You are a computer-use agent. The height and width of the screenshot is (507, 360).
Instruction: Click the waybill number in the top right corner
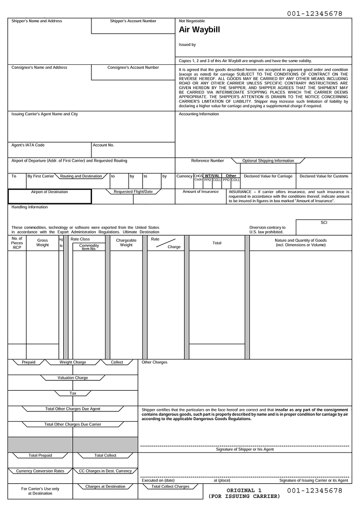[x=314, y=12]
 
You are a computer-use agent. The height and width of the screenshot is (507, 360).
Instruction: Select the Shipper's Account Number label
[x=133, y=21]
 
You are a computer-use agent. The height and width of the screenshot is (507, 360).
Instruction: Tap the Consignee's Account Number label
[x=133, y=68]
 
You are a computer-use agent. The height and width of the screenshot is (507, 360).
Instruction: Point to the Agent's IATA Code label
[x=28, y=145]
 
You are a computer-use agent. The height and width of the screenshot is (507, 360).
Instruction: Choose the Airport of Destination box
[x=50, y=196]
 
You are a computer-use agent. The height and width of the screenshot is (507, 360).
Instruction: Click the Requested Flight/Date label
[x=133, y=191]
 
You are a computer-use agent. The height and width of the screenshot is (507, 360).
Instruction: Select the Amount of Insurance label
[x=201, y=191]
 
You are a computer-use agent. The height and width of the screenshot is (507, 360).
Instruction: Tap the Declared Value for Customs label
[x=324, y=176]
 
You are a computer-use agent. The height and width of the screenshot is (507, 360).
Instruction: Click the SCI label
[x=324, y=222]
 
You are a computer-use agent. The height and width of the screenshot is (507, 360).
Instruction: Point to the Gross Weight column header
[x=42, y=242]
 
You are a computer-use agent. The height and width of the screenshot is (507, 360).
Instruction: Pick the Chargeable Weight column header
[x=125, y=242]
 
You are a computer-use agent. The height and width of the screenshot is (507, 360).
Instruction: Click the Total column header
[x=217, y=243]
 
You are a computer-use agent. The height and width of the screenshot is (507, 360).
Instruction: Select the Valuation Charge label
[x=72, y=377]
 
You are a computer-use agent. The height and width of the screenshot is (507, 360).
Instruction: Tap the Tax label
[x=72, y=393]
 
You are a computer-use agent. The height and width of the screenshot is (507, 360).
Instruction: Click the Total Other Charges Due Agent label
[x=72, y=409]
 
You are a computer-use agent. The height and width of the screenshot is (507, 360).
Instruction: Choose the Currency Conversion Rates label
[x=40, y=471]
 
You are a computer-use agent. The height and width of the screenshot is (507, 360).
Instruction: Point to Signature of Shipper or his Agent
[x=244, y=449]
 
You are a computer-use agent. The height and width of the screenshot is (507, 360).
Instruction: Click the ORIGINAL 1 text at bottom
[x=244, y=490]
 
